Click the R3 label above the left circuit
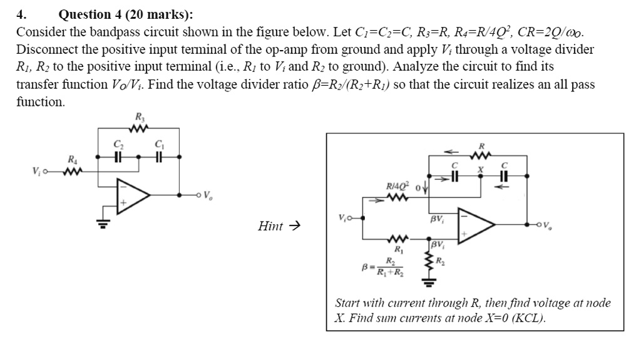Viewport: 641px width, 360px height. (138, 116)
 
